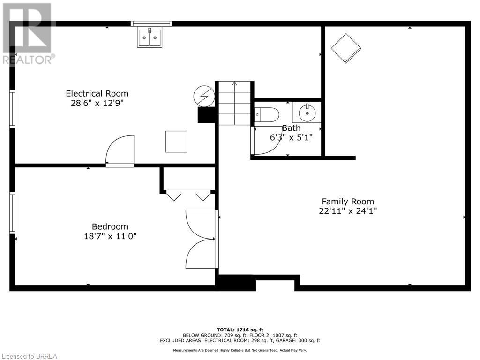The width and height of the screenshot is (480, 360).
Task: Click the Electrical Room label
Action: [97, 93]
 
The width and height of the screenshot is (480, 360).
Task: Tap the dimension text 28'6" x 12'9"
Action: [97, 103]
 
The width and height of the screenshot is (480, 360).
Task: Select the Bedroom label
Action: [110, 226]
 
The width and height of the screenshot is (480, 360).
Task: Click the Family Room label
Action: [348, 202]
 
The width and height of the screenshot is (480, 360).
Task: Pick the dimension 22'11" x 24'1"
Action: [348, 211]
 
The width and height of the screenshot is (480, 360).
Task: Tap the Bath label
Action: [291, 128]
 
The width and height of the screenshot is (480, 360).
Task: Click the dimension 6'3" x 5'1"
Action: [291, 137]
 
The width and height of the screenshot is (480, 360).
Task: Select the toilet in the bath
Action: [267, 114]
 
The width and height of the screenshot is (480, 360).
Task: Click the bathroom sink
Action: [307, 112]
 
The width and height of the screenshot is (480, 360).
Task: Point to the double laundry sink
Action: [150, 37]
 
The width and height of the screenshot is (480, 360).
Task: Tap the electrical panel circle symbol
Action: [203, 97]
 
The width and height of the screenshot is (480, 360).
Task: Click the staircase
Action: [234, 103]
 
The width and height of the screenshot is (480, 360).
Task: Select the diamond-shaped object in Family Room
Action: [346, 48]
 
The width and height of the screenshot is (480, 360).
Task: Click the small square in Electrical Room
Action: [176, 142]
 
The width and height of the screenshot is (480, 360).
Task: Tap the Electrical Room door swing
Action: [120, 150]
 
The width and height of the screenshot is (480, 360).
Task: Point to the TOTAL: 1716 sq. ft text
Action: [240, 330]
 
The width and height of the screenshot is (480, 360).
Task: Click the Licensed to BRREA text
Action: [29, 356]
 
